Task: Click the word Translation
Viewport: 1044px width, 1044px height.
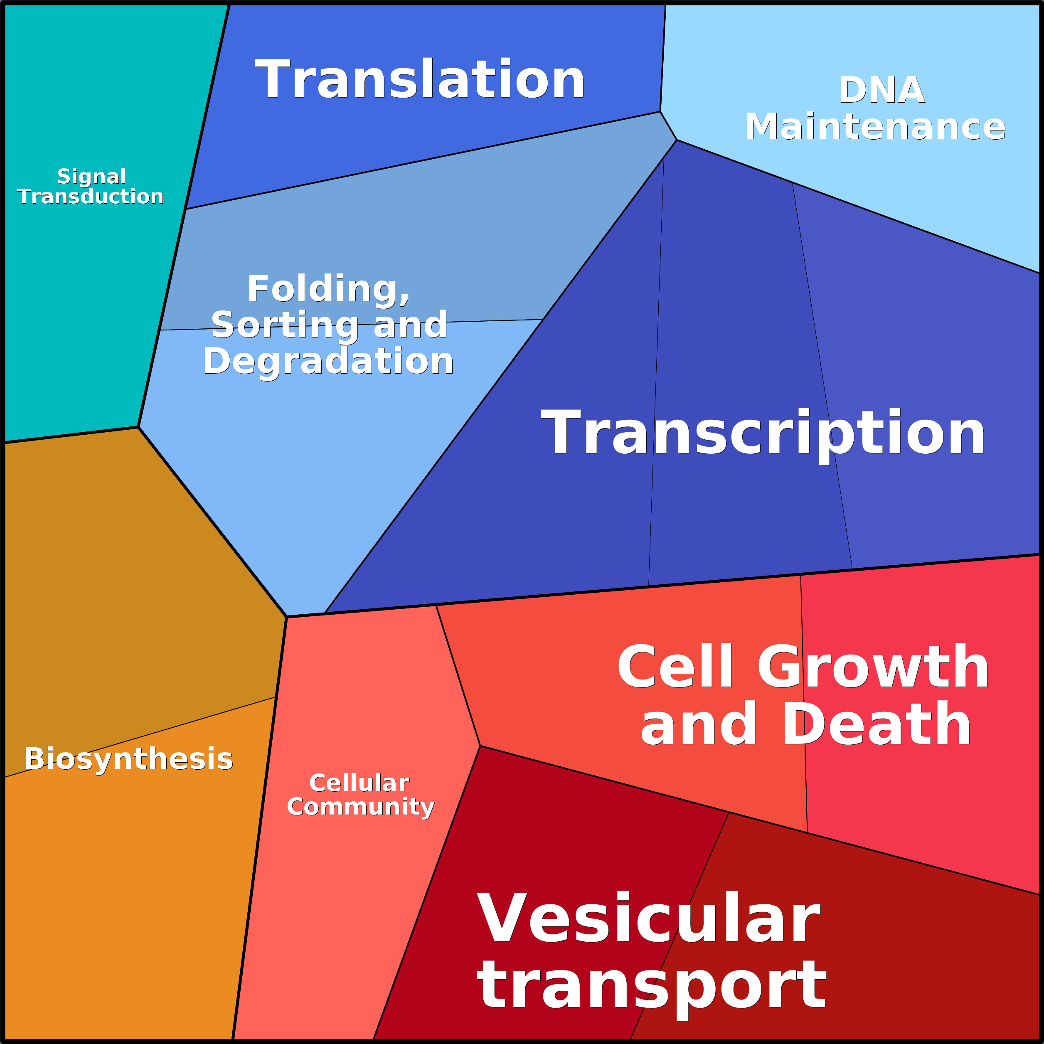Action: click(420, 79)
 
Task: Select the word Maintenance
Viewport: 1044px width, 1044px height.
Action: click(875, 126)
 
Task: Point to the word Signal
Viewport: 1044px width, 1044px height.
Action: click(91, 177)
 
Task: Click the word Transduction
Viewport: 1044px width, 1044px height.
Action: click(90, 196)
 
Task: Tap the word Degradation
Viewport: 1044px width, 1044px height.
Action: click(328, 362)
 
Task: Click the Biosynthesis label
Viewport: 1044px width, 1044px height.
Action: click(128, 759)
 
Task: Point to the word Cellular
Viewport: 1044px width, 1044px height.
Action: click(359, 783)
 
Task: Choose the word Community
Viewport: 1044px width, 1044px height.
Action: click(360, 807)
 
